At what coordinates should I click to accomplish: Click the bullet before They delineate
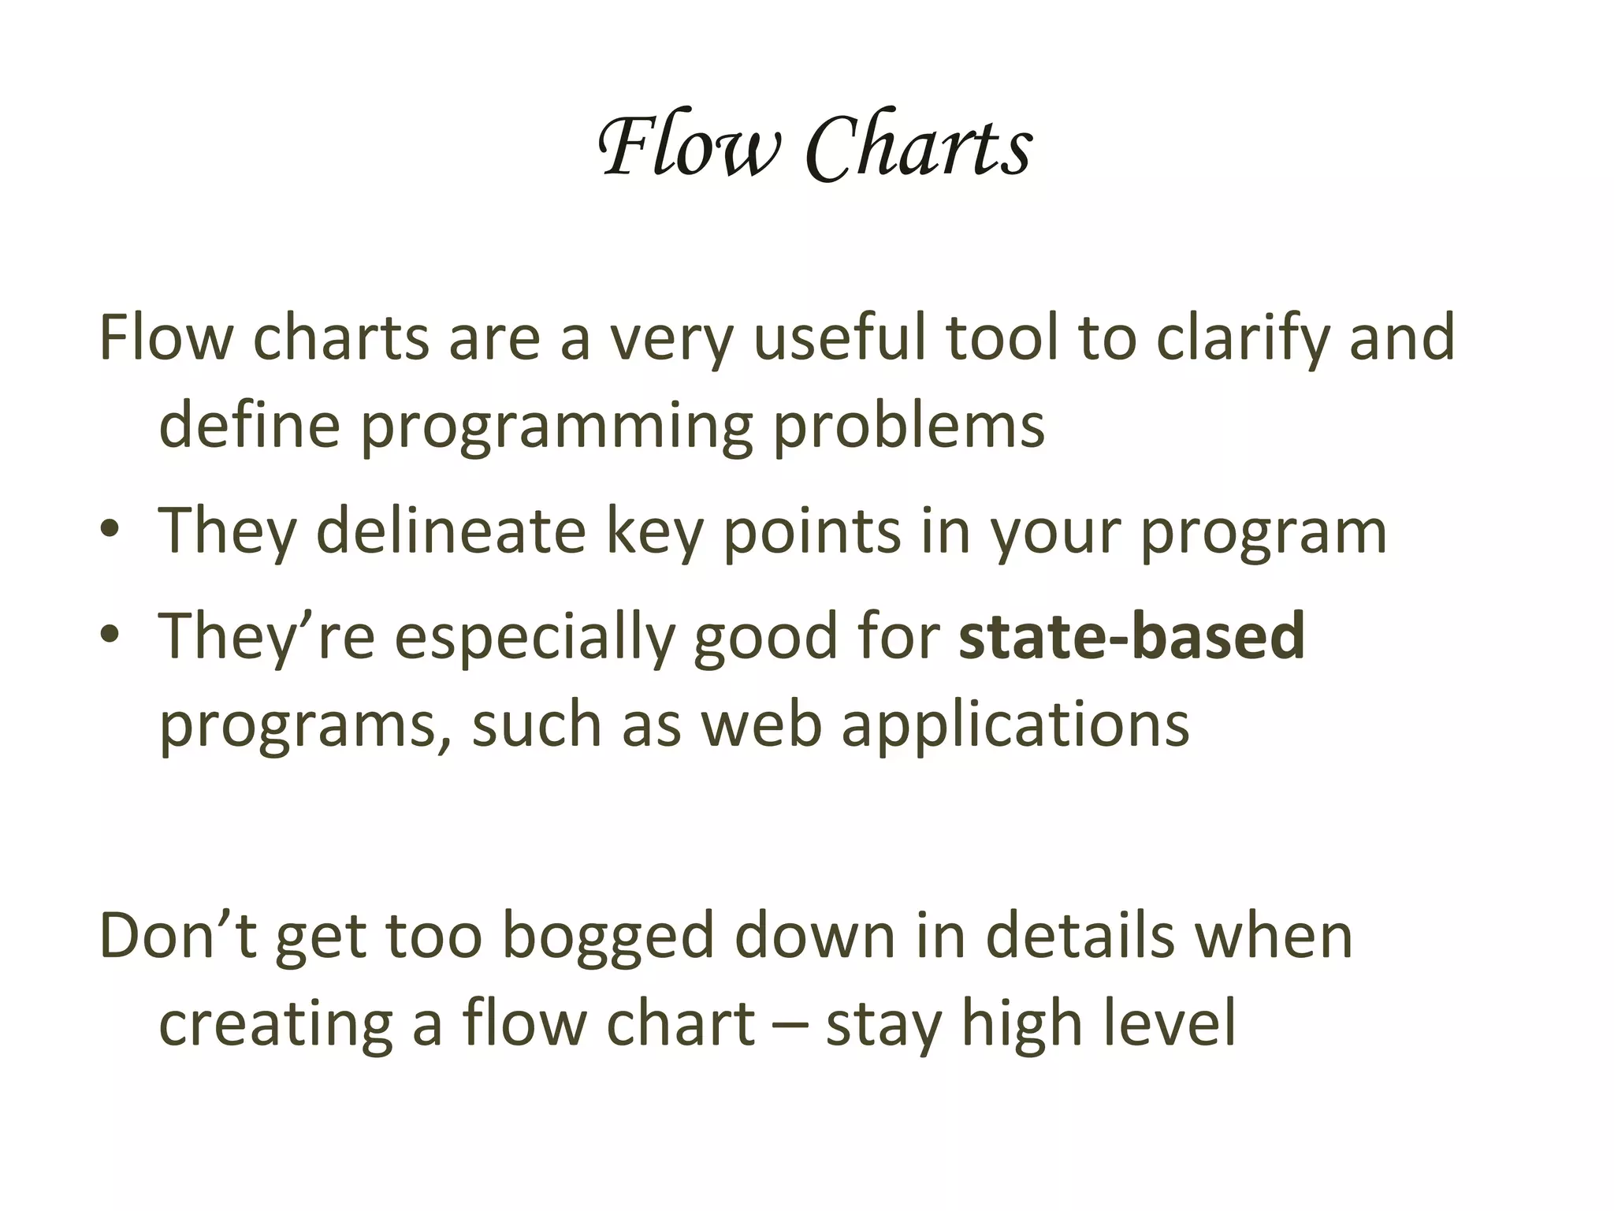(x=110, y=531)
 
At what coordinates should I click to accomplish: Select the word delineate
(x=451, y=531)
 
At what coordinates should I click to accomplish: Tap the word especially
(x=534, y=638)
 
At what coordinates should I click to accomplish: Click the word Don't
(x=178, y=936)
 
